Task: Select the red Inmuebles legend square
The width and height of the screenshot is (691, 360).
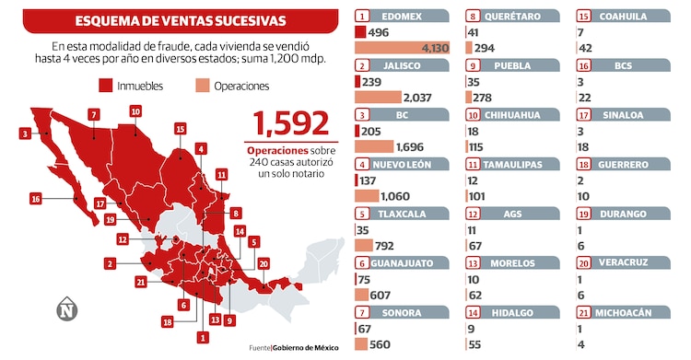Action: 105,86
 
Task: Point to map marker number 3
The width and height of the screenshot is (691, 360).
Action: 23,134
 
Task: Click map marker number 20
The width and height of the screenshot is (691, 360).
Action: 265,264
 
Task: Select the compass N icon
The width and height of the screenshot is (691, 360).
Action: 65,308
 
